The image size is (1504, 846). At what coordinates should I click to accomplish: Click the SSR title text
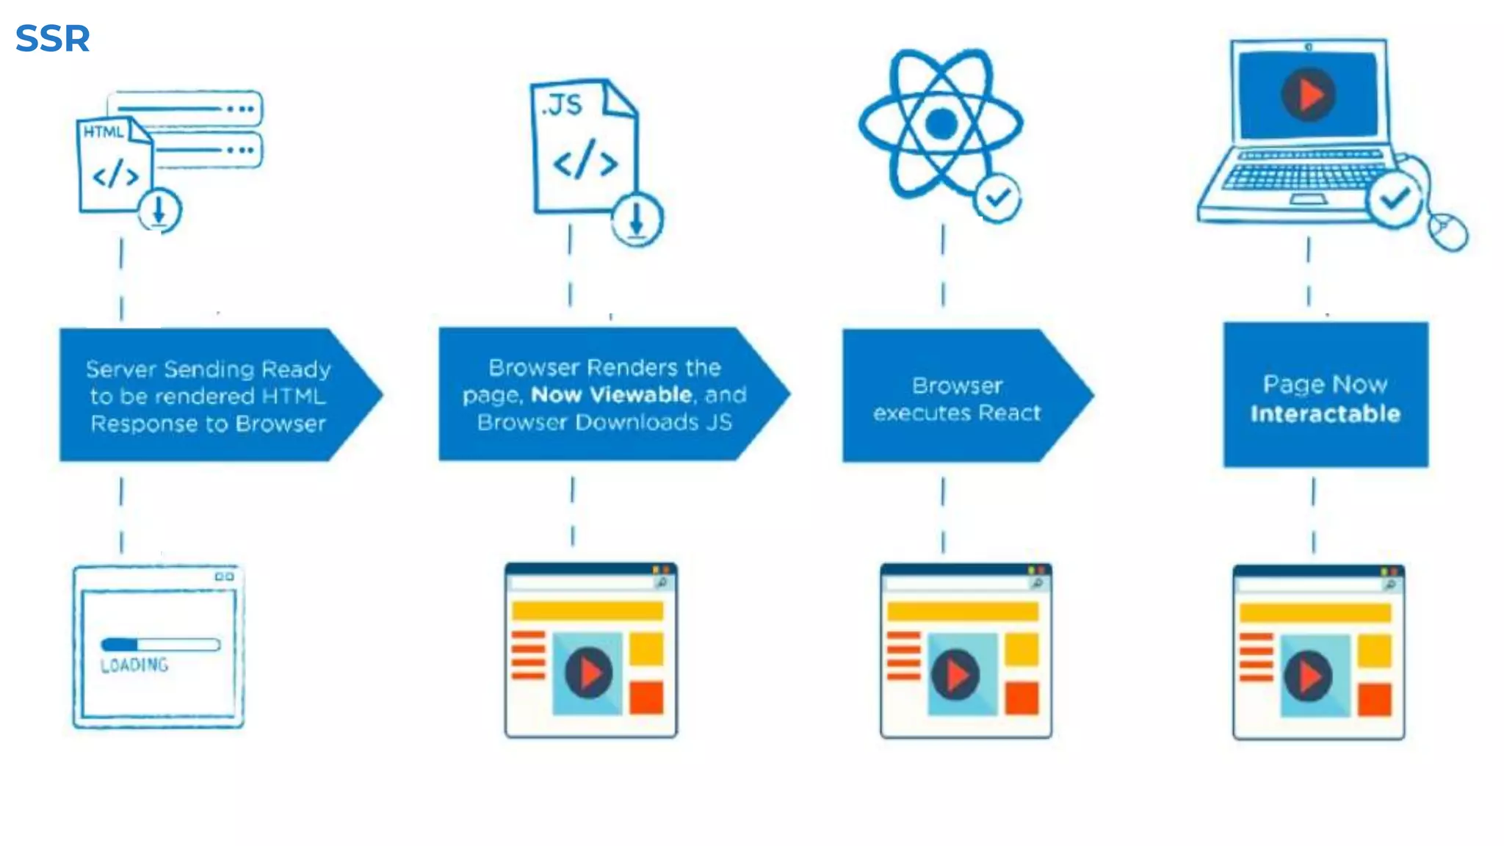pos(52,38)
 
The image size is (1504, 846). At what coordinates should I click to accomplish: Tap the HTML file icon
pos(113,166)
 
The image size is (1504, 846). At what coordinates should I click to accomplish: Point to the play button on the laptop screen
pos(1308,95)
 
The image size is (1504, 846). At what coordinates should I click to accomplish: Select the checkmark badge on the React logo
pos(997,198)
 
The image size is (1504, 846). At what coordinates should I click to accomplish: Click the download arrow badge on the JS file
pos(637,219)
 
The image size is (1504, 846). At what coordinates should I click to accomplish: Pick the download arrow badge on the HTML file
pos(159,211)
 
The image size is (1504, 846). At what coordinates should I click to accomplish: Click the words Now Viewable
pos(611,395)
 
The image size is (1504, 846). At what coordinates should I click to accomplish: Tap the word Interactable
pos(1325,414)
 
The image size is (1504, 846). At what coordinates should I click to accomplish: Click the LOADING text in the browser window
pos(134,665)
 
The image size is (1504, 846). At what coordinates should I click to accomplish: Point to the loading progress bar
pos(160,645)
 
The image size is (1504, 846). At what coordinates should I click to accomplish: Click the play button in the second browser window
pos(588,673)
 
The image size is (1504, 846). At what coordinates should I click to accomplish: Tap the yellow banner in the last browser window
pos(1315,613)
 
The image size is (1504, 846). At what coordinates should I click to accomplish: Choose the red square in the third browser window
pos(1022,698)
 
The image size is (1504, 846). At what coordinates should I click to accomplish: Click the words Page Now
pos(1325,384)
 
